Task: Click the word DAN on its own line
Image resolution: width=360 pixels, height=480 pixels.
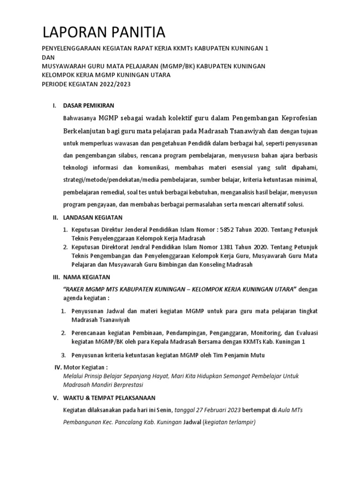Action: tap(48, 57)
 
